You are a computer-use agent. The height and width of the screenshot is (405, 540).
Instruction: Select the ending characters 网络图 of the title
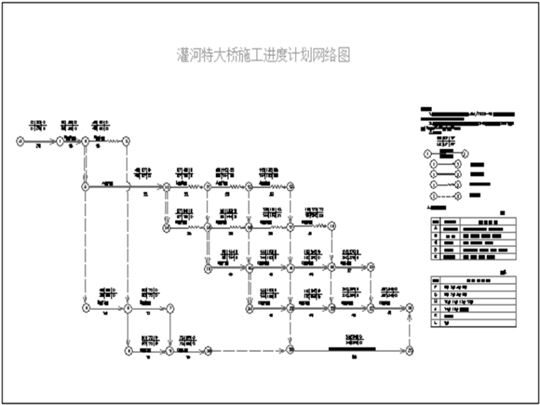click(334, 55)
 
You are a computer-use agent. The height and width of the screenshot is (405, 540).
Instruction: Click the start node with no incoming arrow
click(20, 141)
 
